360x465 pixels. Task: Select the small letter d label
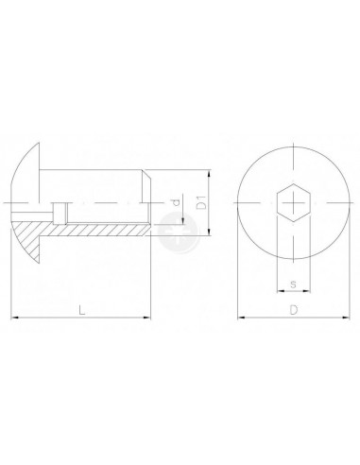tap(177, 202)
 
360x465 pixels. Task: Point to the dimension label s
tap(293, 284)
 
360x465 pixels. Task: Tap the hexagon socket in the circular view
tap(294, 202)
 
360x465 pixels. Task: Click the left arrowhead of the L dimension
tap(14, 318)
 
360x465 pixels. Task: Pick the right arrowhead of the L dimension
tap(147, 318)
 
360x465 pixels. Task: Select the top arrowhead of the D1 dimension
tap(209, 173)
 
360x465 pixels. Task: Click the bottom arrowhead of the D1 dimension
tap(209, 232)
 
